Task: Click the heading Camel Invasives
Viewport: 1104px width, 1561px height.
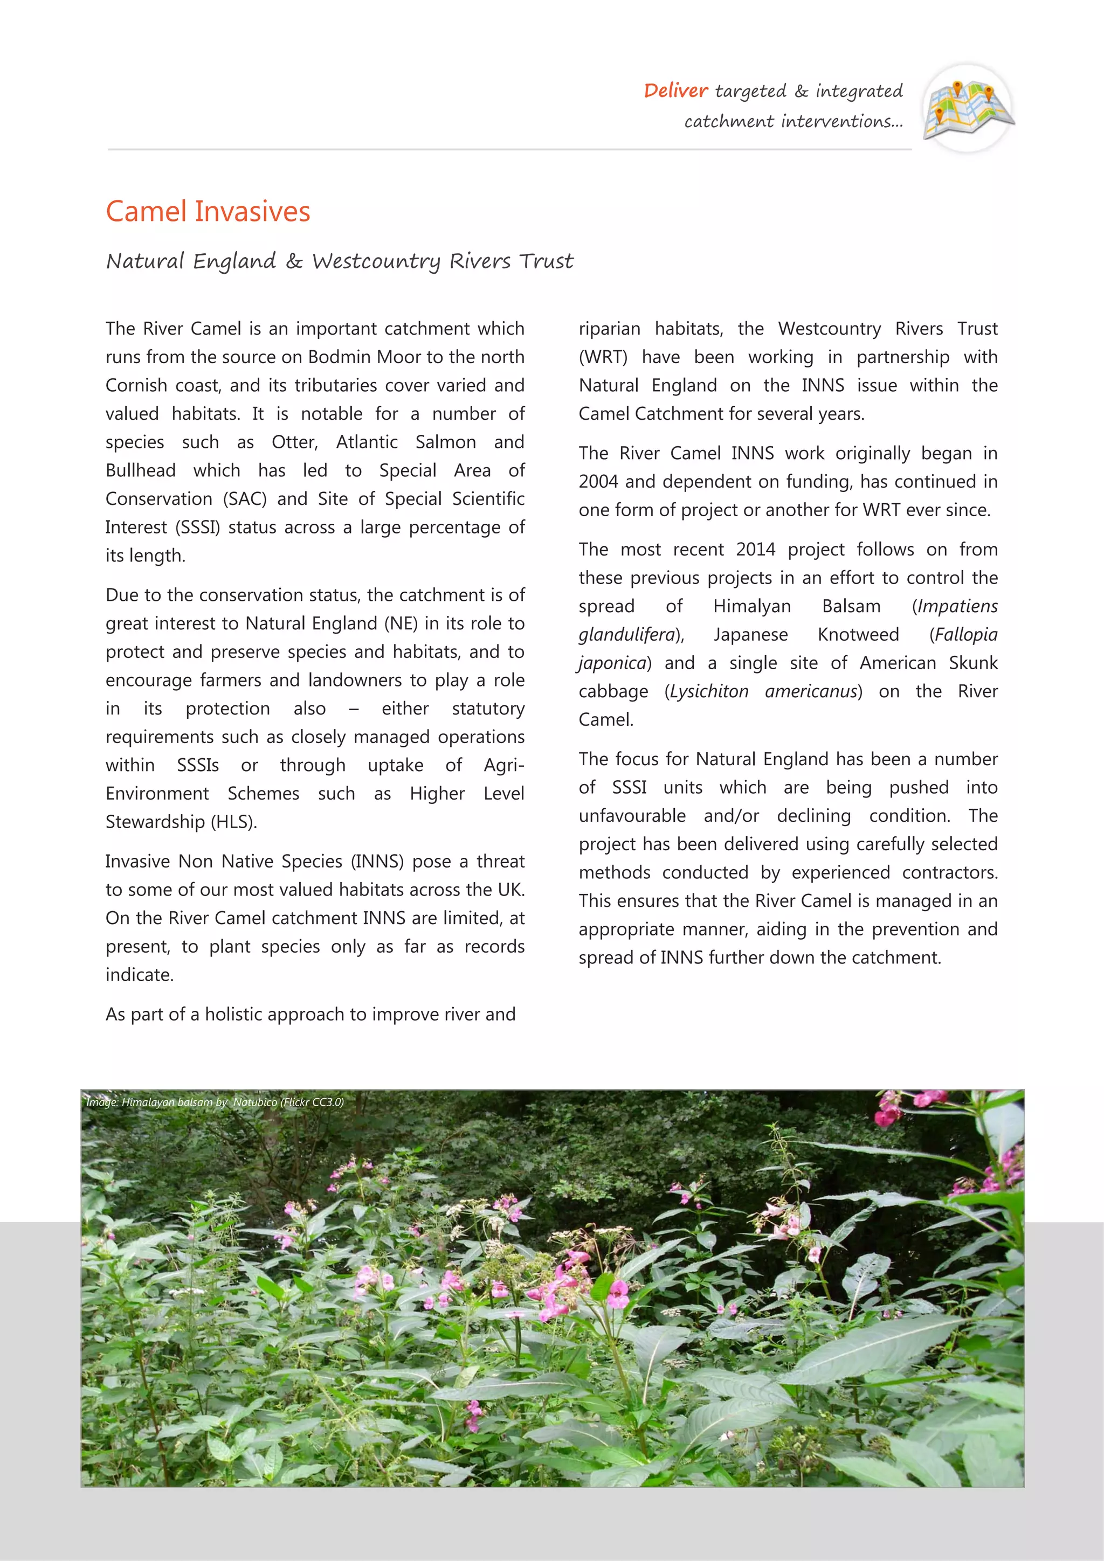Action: [x=208, y=211]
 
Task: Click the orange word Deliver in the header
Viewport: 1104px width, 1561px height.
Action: [x=675, y=91]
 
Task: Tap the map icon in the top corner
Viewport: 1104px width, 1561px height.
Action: [x=968, y=109]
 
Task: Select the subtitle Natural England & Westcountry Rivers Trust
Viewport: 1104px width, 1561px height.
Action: [x=340, y=261]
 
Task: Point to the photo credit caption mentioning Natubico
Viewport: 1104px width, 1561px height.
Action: [x=215, y=1102]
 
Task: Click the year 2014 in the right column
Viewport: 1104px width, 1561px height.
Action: [x=756, y=550]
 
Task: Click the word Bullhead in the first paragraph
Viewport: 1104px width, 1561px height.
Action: [x=140, y=470]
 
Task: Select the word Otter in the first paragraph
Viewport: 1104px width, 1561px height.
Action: [x=294, y=442]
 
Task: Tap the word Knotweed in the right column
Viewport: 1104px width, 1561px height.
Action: [x=858, y=635]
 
